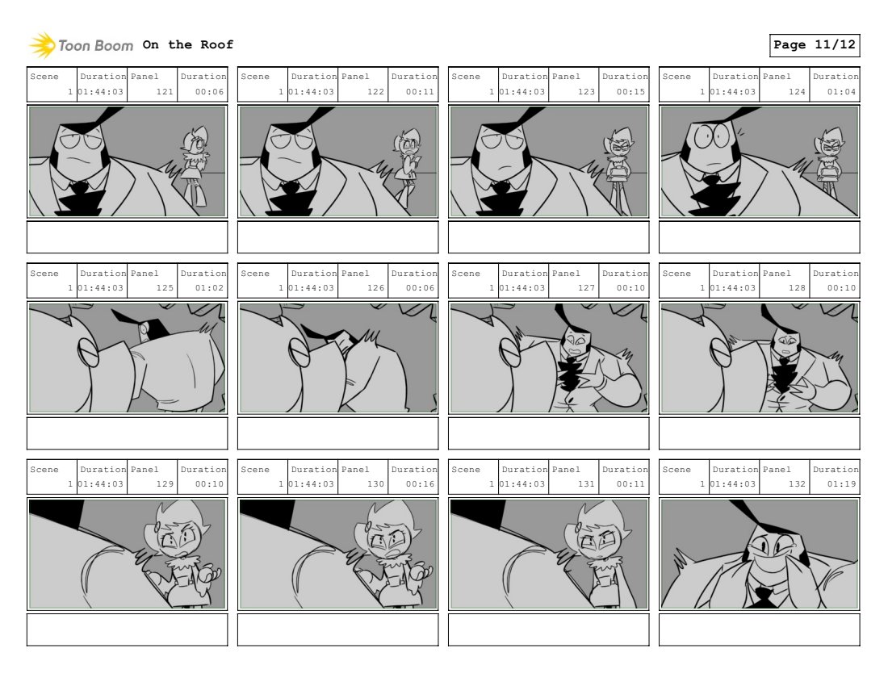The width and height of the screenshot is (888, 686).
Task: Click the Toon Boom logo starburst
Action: pyautogui.click(x=42, y=45)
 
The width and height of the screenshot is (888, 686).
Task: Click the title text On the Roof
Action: pyautogui.click(x=187, y=44)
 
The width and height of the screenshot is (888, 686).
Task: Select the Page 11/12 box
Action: pyautogui.click(x=815, y=45)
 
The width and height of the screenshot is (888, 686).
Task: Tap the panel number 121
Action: pyautogui.click(x=165, y=92)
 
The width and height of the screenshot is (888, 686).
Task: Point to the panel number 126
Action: pyautogui.click(x=375, y=287)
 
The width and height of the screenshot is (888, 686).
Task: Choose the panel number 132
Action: pyautogui.click(x=797, y=484)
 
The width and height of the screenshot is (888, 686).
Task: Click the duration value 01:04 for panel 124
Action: pyautogui.click(x=841, y=92)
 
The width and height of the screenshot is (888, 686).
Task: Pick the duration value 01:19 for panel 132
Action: pyautogui.click(x=841, y=484)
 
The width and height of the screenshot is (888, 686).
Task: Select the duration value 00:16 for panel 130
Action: pyautogui.click(x=420, y=484)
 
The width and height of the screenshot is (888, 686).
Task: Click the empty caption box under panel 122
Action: pyautogui.click(x=338, y=237)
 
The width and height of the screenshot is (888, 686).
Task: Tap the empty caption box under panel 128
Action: pyautogui.click(x=760, y=433)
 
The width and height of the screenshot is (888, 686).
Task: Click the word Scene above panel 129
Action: pyautogui.click(x=44, y=469)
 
